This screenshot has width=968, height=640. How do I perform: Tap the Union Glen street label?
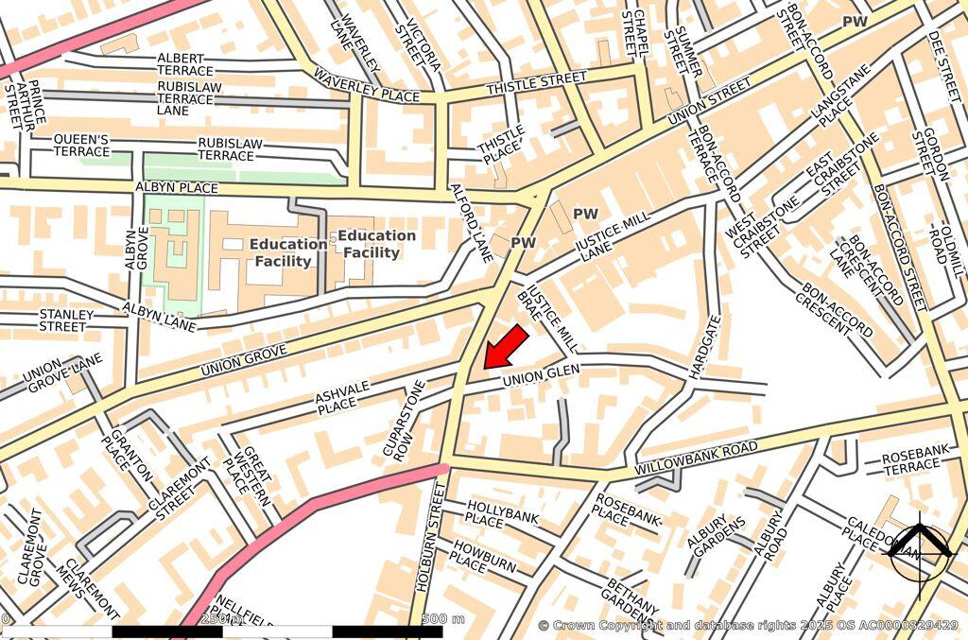click(x=540, y=375)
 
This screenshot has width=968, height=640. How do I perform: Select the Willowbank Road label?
click(x=697, y=457)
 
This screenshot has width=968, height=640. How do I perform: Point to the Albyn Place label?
click(x=177, y=187)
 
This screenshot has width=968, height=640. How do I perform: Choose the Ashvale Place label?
click(x=337, y=393)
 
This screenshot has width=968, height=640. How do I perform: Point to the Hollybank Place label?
click(x=497, y=515)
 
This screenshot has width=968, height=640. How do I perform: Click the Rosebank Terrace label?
click(x=912, y=463)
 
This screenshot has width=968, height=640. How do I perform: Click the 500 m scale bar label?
click(x=443, y=619)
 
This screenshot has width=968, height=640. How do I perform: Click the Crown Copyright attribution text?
click(x=747, y=625)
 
